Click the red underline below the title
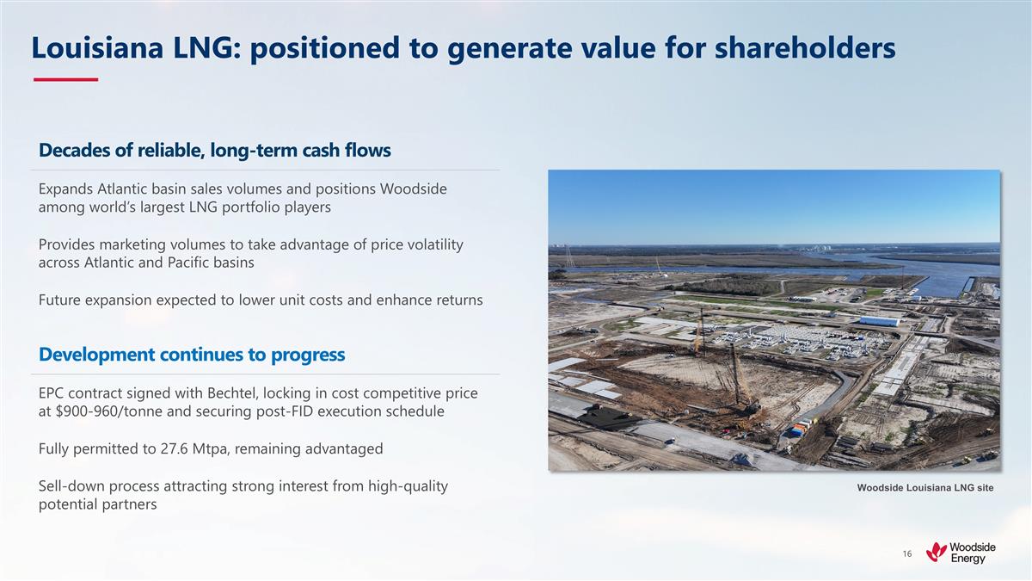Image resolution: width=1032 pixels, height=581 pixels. [65, 80]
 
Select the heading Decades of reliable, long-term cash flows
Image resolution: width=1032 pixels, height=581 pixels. [215, 151]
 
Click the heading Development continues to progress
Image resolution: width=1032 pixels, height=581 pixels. [192, 354]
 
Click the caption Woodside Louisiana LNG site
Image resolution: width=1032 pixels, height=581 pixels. [924, 488]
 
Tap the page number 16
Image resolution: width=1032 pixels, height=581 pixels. [906, 553]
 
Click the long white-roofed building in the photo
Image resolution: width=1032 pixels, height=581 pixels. [878, 321]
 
